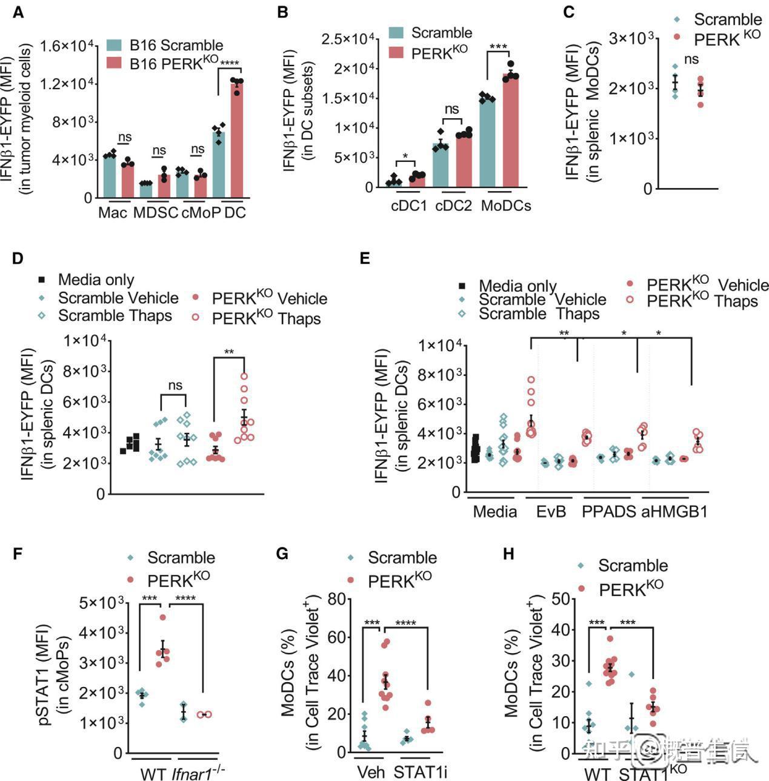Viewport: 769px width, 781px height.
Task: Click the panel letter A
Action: point(18,12)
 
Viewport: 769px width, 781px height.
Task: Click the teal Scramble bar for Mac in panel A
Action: point(110,176)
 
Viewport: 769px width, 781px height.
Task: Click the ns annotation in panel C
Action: point(691,59)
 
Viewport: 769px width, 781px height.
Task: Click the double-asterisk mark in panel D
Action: point(229,352)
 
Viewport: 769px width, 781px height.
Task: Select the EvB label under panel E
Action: point(551,512)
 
